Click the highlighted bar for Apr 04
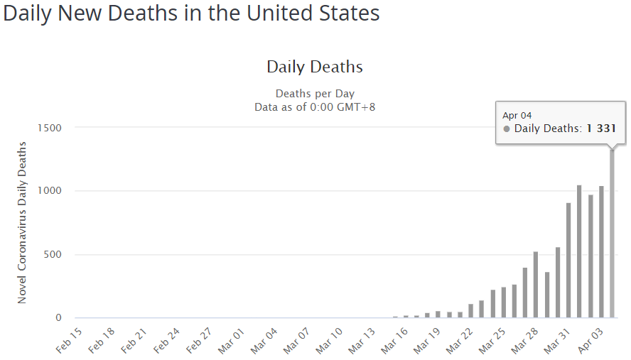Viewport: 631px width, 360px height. coord(612,234)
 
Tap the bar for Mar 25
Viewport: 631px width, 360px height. coord(503,302)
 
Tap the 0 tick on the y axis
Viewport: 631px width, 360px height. coord(59,318)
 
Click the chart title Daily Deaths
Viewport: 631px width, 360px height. coord(315,67)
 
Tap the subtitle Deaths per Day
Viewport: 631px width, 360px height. coord(315,94)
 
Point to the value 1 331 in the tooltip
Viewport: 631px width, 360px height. coord(601,129)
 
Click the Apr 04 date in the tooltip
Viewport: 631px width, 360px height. coord(517,115)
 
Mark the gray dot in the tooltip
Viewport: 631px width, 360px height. coord(507,129)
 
